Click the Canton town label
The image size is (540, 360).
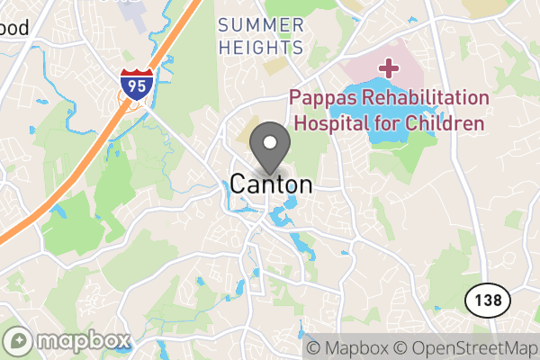(271, 184)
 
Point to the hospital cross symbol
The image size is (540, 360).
(389, 67)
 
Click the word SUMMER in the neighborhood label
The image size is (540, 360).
(260, 23)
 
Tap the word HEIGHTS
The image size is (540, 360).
(260, 47)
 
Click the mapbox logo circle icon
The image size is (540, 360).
(19, 341)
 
